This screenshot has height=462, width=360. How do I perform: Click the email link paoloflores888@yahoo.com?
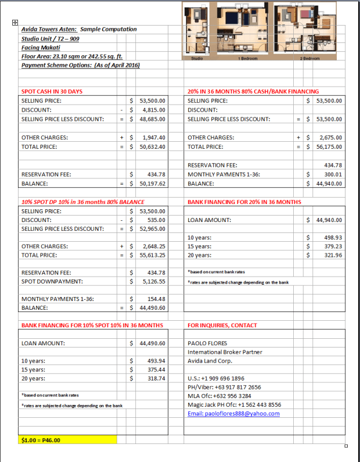[x=233, y=414]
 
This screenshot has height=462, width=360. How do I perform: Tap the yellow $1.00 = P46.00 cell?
[x=67, y=440]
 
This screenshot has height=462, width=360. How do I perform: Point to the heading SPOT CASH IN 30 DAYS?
[x=52, y=92]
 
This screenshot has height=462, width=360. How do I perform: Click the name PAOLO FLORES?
[x=208, y=343]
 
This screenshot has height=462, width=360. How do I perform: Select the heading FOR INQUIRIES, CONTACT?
[x=222, y=325]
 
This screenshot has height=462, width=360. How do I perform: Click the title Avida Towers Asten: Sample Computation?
[x=79, y=29]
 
